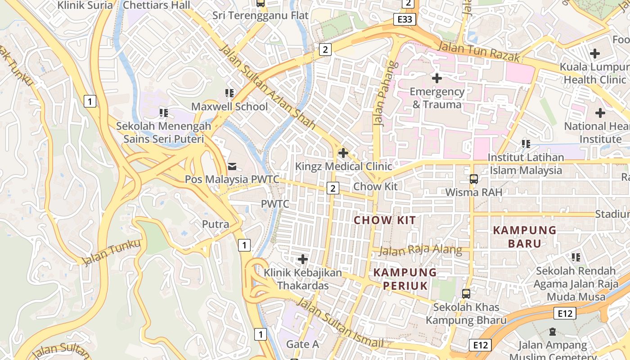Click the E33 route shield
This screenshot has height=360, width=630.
pos(404,19)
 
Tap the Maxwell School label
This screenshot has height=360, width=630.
pos(229,107)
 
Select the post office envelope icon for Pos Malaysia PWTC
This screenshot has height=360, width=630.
pos(232,166)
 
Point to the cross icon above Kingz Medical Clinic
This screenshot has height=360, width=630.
pos(343,153)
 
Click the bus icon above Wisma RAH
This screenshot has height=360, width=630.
pos(473,179)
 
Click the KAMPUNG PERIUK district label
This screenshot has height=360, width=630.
pos(405,279)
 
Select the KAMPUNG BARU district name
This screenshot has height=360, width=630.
pos(525,237)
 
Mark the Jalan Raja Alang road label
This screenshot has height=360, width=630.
pos(420,250)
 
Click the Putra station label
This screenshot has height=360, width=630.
pos(216,224)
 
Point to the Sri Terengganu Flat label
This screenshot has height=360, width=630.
pos(261,15)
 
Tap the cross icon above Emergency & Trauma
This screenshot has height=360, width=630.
pos(436,78)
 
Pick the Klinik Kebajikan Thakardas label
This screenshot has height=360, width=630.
pos(303,279)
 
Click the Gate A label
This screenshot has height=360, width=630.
pos(302,344)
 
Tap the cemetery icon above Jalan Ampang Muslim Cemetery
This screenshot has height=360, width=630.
pos(553,332)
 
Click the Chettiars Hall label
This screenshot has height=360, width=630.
pos(157,5)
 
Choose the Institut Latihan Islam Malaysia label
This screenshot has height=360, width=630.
pos(526,164)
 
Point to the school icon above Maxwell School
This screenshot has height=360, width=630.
pos(229,93)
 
